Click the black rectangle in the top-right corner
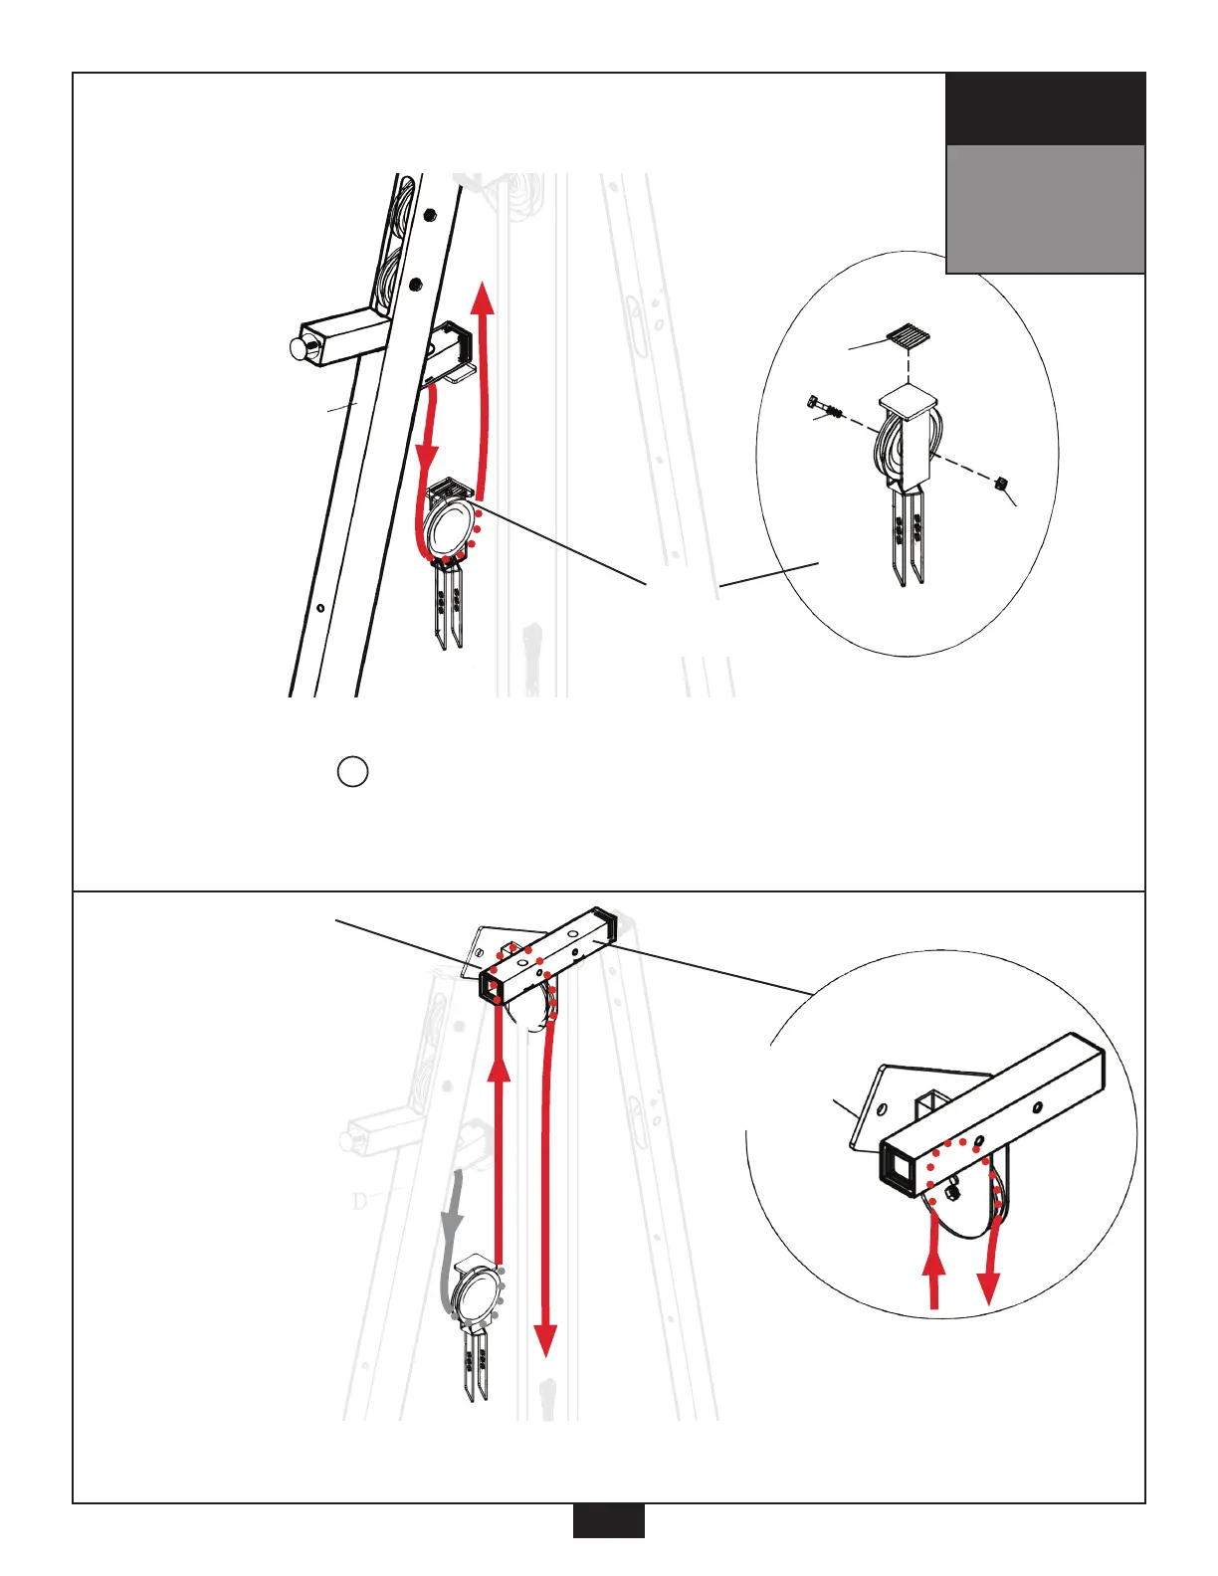pos(1045,108)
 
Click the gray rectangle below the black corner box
pos(1045,209)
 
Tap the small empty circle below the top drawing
pos(352,771)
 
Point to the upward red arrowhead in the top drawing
pos(483,298)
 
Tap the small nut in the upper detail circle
pos(1002,483)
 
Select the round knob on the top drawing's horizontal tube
pos(299,347)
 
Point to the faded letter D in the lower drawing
pos(360,1201)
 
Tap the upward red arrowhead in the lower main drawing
pos(499,1068)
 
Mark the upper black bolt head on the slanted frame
pos(429,214)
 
